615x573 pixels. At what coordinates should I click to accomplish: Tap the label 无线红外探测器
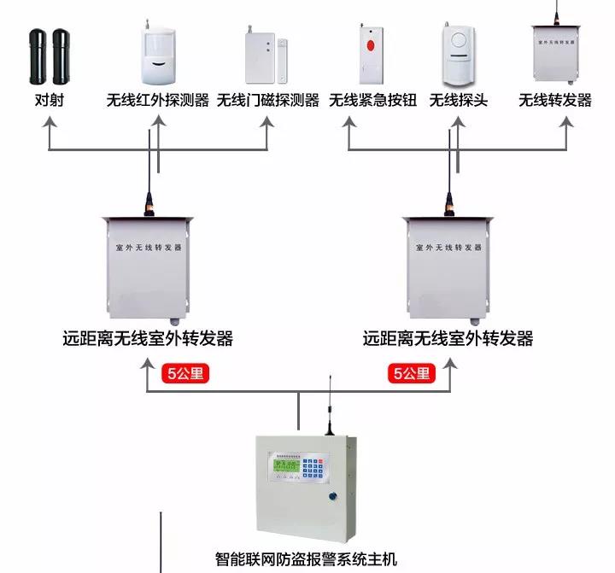tap(158, 101)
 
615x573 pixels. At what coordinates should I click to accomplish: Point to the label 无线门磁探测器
tap(268, 101)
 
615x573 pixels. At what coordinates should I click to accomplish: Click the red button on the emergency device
tap(371, 44)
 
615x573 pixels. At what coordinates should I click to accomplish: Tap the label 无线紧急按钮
tap(373, 101)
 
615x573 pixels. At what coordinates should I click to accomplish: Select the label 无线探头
tap(459, 101)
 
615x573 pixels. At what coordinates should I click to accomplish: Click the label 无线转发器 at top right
tap(555, 101)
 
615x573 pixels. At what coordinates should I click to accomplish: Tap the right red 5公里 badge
tap(413, 373)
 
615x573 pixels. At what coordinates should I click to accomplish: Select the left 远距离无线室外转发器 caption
tap(149, 339)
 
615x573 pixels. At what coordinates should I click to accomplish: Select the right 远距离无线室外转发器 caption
tap(448, 339)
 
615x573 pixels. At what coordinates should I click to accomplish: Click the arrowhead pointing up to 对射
tap(49, 121)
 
